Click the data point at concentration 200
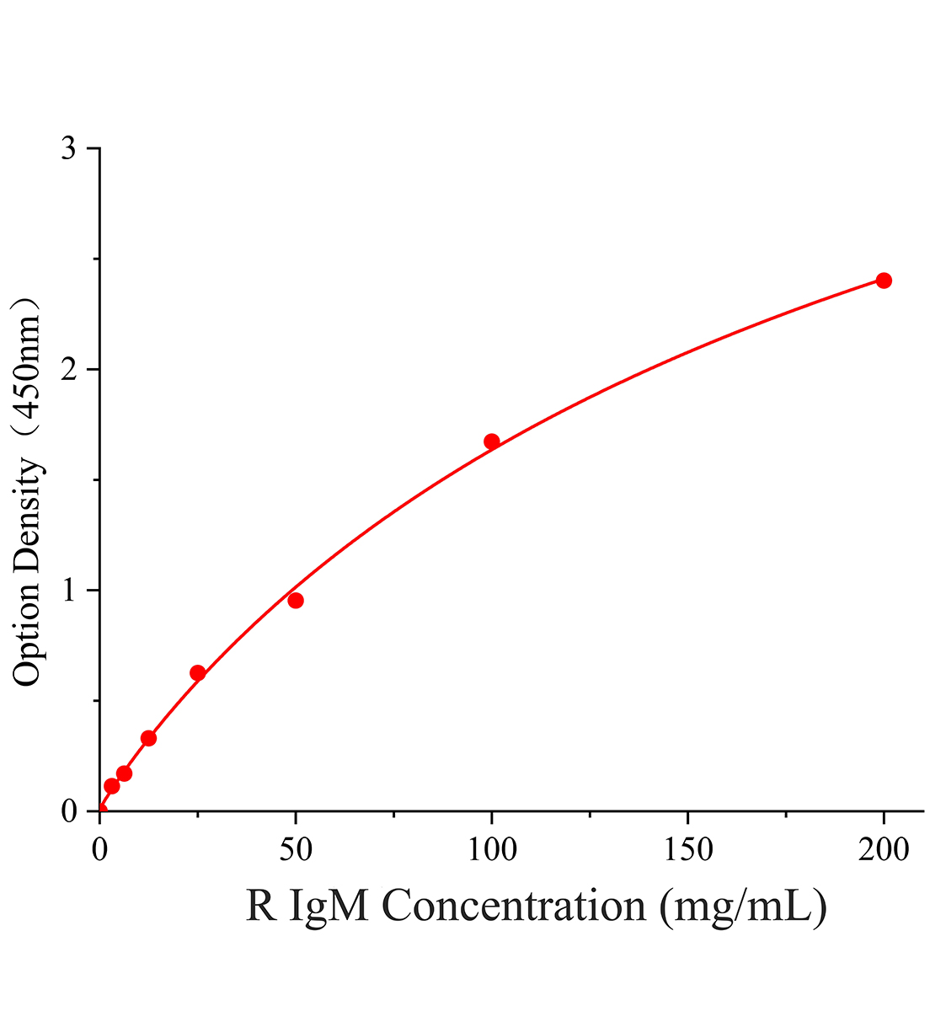tap(883, 281)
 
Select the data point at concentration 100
tap(491, 441)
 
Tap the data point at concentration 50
tap(296, 600)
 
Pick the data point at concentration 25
tap(198, 673)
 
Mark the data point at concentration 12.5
tap(149, 738)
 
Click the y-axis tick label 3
tap(68, 148)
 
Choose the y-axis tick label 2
tap(68, 369)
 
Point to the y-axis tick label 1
tap(69, 590)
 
